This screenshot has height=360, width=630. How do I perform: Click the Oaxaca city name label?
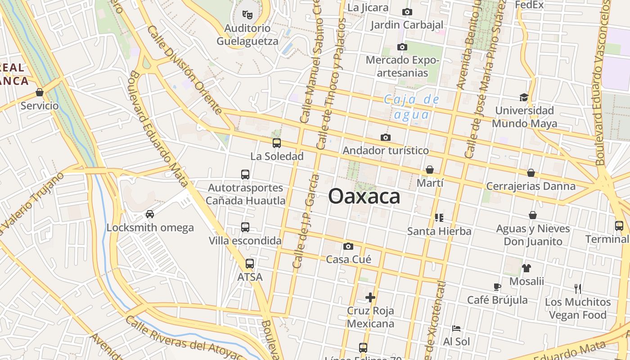pos(364,196)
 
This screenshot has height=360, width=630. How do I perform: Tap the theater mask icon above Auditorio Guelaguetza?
pos(247,15)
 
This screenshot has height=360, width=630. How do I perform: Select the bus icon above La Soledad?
pos(277,143)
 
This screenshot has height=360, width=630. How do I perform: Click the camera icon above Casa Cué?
pos(348,246)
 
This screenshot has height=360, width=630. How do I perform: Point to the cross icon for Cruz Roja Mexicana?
pos(370,297)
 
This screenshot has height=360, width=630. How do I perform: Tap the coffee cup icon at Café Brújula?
pos(497,287)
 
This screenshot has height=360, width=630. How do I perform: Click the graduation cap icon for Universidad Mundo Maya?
pos(524,97)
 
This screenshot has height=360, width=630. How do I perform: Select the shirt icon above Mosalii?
pos(526,268)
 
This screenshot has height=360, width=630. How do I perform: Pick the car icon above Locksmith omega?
pos(150,214)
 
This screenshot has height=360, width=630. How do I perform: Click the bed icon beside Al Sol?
pos(456,328)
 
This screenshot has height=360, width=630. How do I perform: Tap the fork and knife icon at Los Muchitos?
pos(578,288)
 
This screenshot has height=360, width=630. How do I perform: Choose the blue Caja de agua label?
pos(411,107)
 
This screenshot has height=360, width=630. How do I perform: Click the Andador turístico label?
pos(386,150)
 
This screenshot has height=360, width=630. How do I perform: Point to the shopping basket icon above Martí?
pos(430,170)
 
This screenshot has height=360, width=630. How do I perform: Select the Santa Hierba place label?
pos(439,231)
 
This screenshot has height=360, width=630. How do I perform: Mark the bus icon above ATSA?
pos(250,264)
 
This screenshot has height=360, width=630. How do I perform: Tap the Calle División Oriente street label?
pos(184,70)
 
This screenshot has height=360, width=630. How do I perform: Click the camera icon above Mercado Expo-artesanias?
pos(402,47)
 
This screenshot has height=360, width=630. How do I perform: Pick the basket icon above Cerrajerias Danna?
pos(531,173)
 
